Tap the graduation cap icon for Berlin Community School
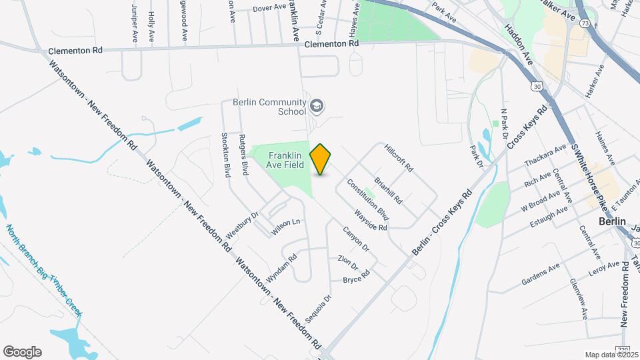(317, 105)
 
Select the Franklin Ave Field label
(280, 159)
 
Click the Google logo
(22, 352)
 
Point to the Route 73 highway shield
(585, 23)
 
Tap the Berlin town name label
(612, 221)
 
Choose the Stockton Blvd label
(225, 154)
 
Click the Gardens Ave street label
(541, 275)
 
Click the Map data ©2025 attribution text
(611, 355)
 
